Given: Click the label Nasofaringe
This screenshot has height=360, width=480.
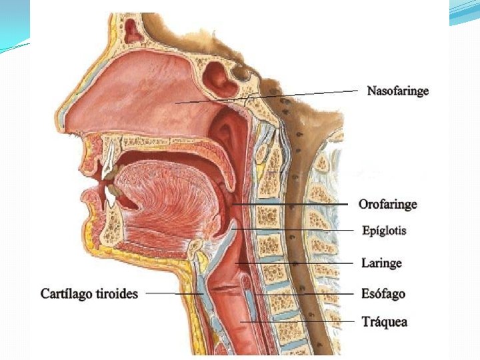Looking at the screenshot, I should pos(397,91).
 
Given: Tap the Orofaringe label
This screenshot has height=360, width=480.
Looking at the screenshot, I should pos(387,204).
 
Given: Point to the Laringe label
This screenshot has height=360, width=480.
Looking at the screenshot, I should pos(381,263).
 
